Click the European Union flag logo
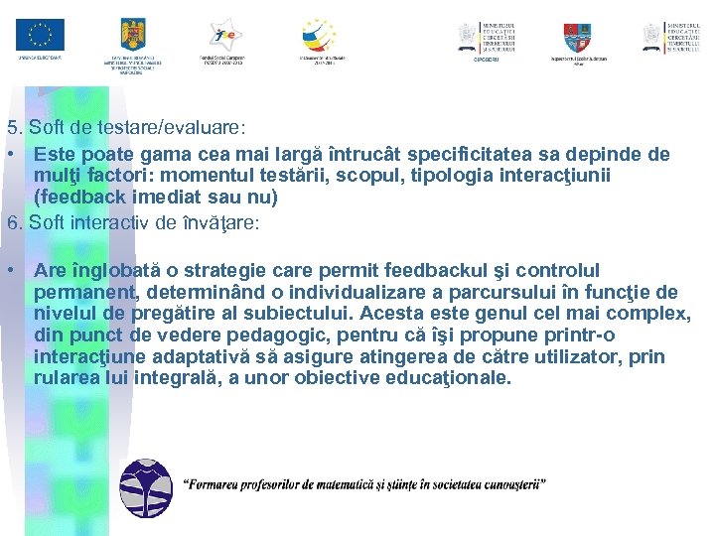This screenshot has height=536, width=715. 40,35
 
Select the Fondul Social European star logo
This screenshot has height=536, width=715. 222,34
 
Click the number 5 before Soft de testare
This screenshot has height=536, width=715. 12,128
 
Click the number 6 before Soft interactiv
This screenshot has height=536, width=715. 12,222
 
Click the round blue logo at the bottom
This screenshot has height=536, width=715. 145,489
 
